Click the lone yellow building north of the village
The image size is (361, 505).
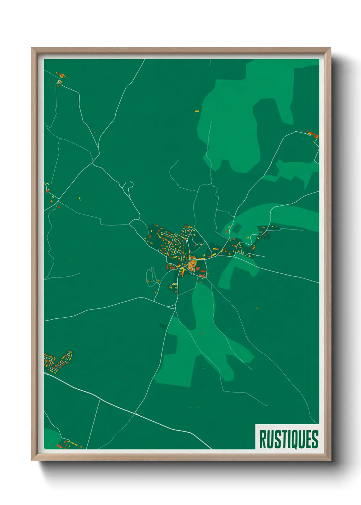(x=197, y=111)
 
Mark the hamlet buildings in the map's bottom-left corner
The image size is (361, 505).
(x=68, y=444)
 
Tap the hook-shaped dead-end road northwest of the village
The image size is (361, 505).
(x=129, y=186)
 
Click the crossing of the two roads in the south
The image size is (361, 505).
(x=135, y=413)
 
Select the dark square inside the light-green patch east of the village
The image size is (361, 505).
(x=237, y=228)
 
